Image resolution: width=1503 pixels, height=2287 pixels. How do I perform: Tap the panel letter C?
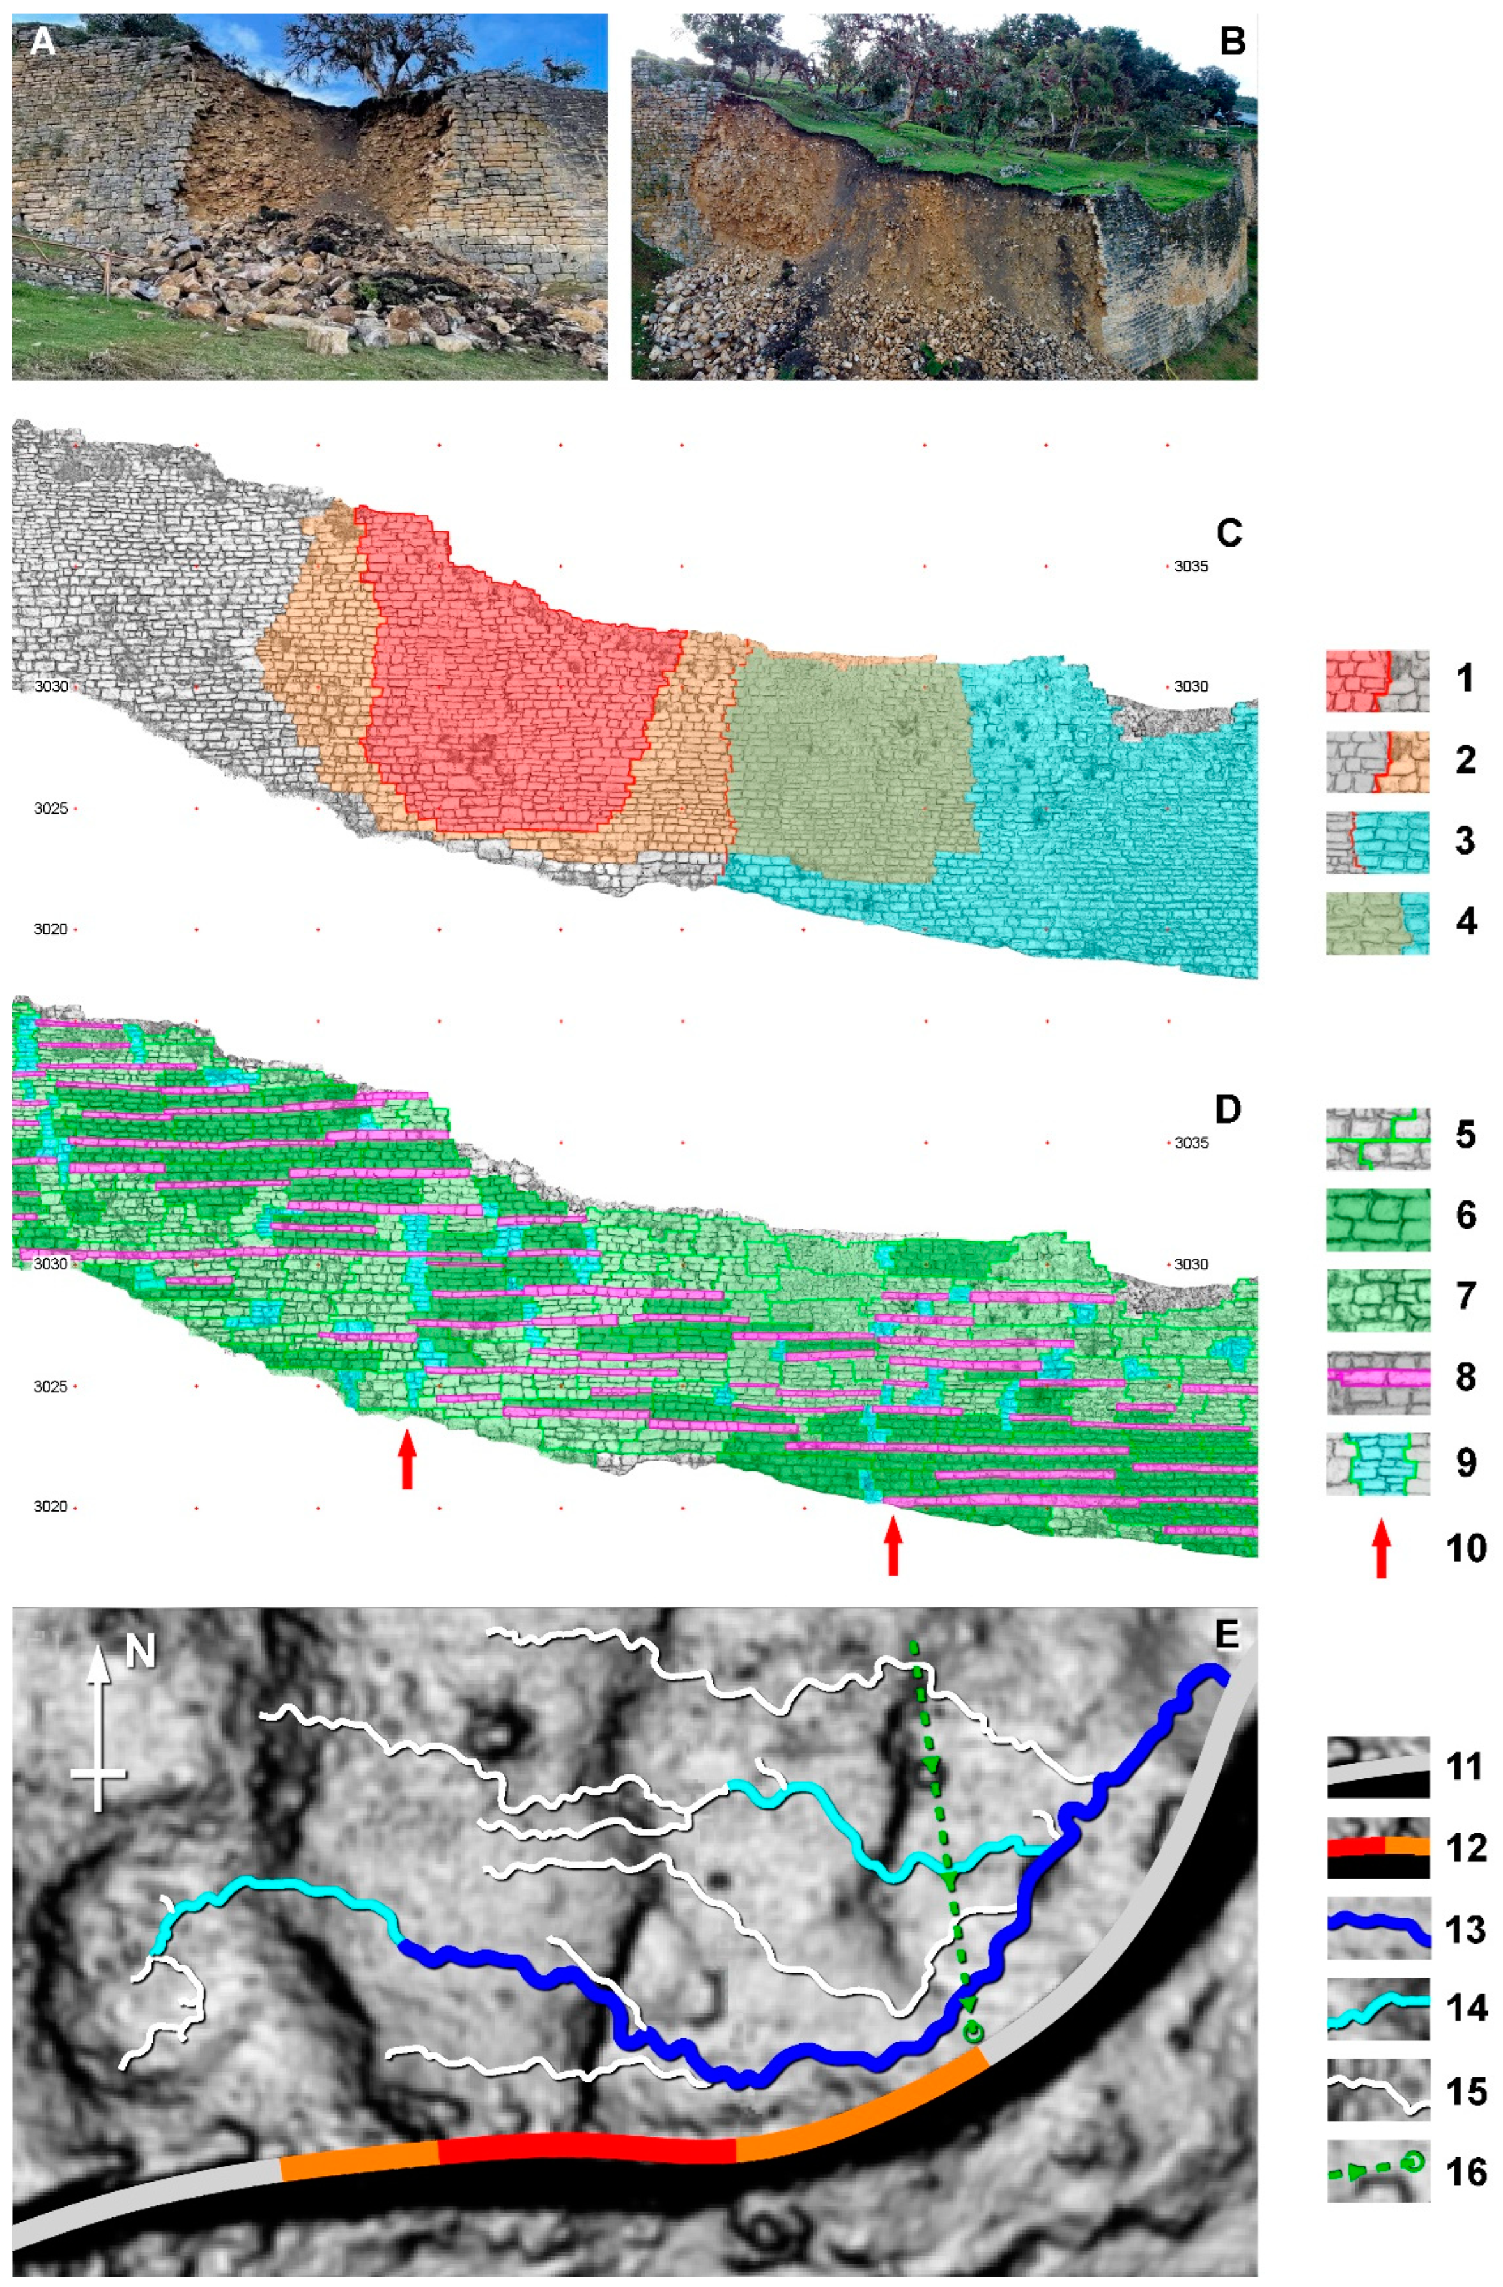pos(1228,532)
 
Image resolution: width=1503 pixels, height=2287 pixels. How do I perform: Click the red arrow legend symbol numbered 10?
pos(1381,1547)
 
